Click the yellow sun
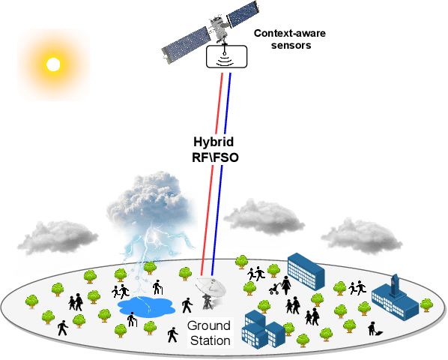pyautogui.click(x=52, y=64)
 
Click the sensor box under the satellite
pyautogui.click(x=226, y=56)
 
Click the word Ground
pyautogui.click(x=209, y=326)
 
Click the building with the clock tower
pyautogui.click(x=395, y=295)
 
